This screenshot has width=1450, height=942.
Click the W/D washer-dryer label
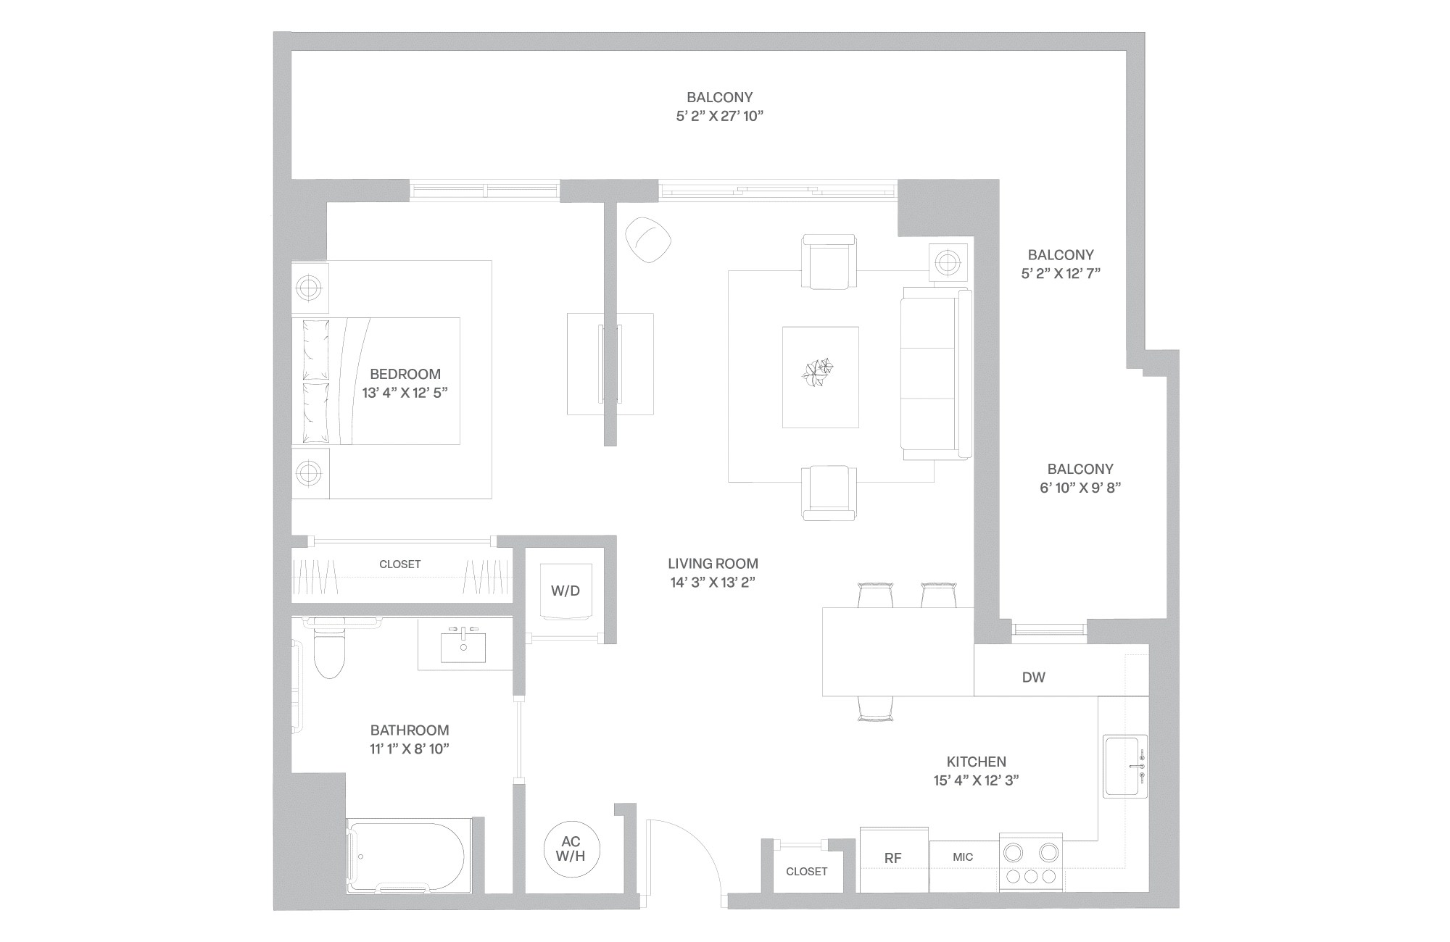click(x=565, y=591)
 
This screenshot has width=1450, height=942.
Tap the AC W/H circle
click(x=571, y=849)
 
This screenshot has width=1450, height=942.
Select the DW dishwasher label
click(x=1033, y=678)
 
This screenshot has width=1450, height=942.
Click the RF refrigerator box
click(x=893, y=859)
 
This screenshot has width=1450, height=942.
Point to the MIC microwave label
click(x=963, y=857)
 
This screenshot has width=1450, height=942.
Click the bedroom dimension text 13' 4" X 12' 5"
click(x=405, y=393)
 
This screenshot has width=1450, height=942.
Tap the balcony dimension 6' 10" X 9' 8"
click(x=1080, y=488)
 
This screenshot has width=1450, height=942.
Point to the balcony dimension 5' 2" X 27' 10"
click(x=719, y=117)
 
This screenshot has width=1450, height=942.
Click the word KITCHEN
click(x=976, y=762)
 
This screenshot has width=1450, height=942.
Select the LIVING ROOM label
click(x=713, y=563)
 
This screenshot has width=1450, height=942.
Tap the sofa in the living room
click(x=935, y=374)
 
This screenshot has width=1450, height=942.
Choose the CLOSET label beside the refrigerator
click(x=806, y=872)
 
